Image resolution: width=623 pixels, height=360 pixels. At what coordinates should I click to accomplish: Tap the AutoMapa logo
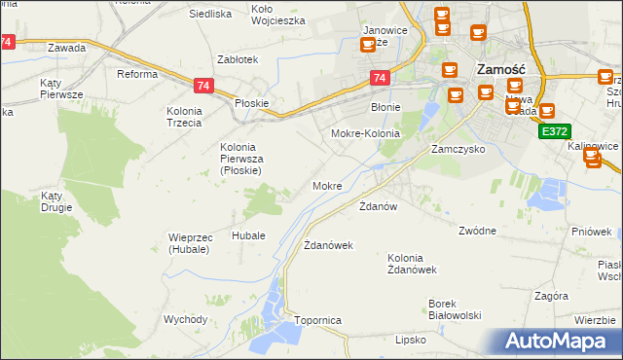pyautogui.click(x=561, y=342)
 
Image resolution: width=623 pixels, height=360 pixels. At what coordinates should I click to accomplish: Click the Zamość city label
pyautogui.click(x=500, y=70)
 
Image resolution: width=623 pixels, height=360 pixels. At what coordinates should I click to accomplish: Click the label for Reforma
pyautogui.click(x=137, y=74)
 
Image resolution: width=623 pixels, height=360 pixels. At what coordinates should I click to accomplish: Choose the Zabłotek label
pyautogui.click(x=238, y=59)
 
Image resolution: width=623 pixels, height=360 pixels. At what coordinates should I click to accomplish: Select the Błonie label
pyautogui.click(x=385, y=107)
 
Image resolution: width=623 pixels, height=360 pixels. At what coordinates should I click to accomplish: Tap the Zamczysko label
pyautogui.click(x=458, y=150)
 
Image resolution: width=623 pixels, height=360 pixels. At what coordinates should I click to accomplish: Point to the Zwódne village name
pyautogui.click(x=477, y=231)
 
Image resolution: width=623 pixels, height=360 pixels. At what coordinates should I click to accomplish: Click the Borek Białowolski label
pyautogui.click(x=456, y=309)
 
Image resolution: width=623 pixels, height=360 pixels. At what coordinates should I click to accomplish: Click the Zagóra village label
pyautogui.click(x=551, y=295)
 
